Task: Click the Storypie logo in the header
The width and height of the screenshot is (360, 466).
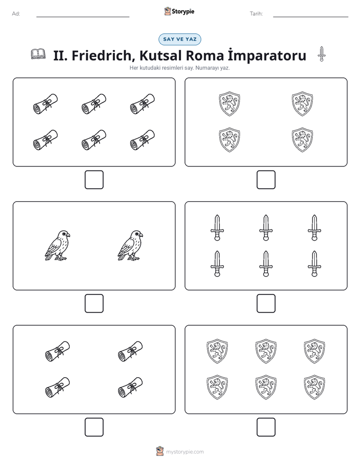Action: click(179, 11)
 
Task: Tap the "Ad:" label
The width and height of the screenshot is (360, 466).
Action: click(16, 14)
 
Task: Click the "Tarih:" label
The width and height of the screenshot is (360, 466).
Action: click(256, 14)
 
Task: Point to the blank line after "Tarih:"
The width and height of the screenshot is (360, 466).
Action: click(311, 17)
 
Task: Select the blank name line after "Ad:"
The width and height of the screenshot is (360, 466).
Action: click(83, 17)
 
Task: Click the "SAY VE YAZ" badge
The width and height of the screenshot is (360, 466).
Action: click(179, 39)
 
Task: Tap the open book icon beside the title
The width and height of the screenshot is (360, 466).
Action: click(38, 54)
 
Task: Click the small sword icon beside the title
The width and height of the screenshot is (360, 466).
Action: click(321, 54)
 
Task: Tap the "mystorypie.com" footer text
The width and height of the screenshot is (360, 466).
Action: click(185, 452)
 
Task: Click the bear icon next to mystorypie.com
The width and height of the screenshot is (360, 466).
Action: click(160, 451)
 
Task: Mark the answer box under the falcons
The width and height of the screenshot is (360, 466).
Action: click(94, 304)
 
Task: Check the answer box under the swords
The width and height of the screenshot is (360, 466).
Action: click(266, 304)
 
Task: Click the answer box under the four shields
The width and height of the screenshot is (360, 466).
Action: click(266, 180)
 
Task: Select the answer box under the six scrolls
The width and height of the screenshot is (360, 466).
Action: click(94, 180)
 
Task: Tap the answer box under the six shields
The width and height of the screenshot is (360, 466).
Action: click(266, 427)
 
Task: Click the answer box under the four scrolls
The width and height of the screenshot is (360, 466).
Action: click(94, 427)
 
